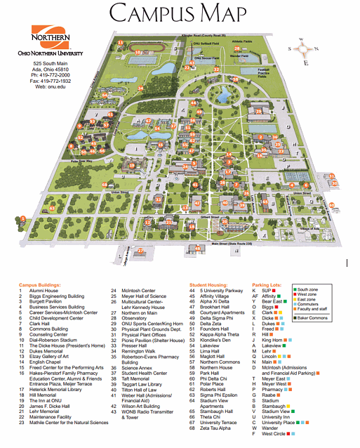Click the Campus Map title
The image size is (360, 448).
coord(179,14)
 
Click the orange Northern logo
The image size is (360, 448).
coord(51,37)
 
